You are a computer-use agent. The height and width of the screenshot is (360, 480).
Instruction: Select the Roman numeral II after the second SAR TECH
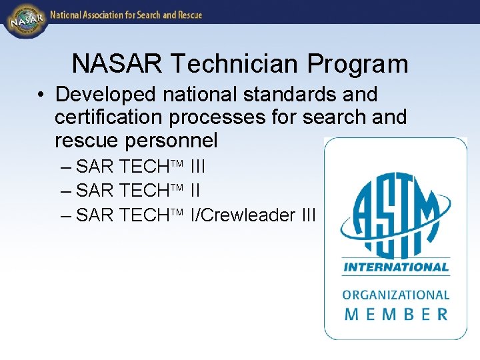pos(195,191)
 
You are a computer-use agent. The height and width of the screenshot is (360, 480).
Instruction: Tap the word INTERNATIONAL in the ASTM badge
pos(395,268)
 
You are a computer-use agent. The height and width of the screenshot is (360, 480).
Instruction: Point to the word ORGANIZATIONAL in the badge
pos(395,295)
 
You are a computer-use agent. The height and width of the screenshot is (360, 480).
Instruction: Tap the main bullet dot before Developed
pos(41,95)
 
